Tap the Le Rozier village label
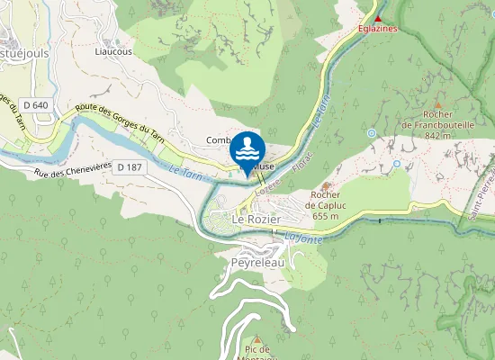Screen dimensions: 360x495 coord(257,220)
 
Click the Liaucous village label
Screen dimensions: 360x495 coord(113,52)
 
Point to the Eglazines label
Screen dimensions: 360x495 coord(378,29)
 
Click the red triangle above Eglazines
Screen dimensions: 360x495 coord(378,18)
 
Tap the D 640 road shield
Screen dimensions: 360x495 coord(36,105)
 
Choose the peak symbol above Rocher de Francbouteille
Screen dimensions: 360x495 coord(438,104)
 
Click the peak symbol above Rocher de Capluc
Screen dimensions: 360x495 coord(326,184)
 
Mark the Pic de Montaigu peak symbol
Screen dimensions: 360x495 coord(256,339)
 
